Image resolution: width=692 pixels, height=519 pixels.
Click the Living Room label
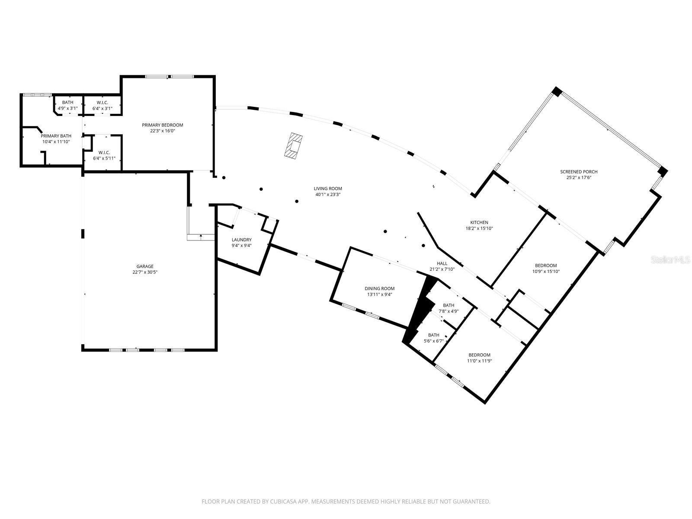(327, 189)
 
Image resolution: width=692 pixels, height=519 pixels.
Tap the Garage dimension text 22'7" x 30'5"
(145, 272)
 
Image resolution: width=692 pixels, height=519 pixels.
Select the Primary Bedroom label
(162, 125)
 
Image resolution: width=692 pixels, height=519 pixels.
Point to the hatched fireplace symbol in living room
(294, 145)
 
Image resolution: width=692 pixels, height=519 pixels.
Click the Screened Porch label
(579, 171)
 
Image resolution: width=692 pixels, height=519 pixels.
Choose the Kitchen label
(479, 222)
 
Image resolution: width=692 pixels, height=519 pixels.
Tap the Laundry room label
(241, 240)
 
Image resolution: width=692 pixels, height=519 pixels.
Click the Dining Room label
(380, 288)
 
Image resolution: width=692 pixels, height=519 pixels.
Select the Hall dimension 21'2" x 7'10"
(442, 269)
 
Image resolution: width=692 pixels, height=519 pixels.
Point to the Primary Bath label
(56, 136)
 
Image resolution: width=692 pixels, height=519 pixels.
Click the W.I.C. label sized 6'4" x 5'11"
(104, 153)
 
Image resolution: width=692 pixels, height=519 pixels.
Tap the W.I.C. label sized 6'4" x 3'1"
(103, 103)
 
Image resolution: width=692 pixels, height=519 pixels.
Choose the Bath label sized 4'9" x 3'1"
(67, 102)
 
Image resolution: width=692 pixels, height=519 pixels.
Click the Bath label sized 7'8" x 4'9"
(449, 305)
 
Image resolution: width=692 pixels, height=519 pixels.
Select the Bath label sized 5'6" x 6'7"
(434, 335)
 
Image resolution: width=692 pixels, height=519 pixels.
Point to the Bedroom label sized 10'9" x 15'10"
(546, 265)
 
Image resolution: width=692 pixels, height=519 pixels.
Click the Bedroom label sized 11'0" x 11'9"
(480, 355)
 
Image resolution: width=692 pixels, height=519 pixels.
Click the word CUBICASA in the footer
(283, 501)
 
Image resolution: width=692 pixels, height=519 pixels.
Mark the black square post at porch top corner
(557, 92)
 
